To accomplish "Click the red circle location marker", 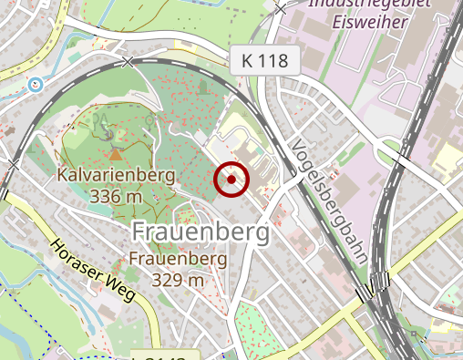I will click(x=231, y=180).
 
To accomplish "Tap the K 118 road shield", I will click(x=264, y=61).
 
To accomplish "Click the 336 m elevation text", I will click(x=117, y=195).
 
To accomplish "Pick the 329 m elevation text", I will click(x=178, y=279).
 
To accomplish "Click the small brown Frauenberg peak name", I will click(x=178, y=259).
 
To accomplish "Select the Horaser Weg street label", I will click(x=92, y=271).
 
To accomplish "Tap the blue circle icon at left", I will click(x=36, y=85).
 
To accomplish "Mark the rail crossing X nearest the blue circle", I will click(x=128, y=62).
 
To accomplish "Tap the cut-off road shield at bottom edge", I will click(x=163, y=355).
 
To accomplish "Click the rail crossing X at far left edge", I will click(x=13, y=165).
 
